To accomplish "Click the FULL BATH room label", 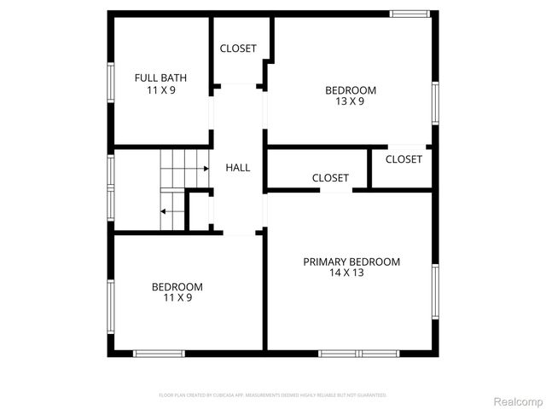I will pos(160,78).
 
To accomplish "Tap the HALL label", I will pos(238,168).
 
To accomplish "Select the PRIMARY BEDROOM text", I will pos(351,262).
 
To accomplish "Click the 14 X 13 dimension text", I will pos(346,273).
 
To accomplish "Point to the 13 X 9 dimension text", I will pos(350,101).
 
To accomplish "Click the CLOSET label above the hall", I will pos(238,49).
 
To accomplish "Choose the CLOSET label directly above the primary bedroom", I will pos(330,178).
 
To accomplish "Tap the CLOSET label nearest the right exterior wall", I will pos(404,159).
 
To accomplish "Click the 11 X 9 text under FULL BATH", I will pos(160,89).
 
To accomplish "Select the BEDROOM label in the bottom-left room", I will pos(177,286).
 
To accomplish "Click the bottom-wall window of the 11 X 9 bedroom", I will pos(159,353).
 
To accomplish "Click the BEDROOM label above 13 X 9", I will pos(350,90).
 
